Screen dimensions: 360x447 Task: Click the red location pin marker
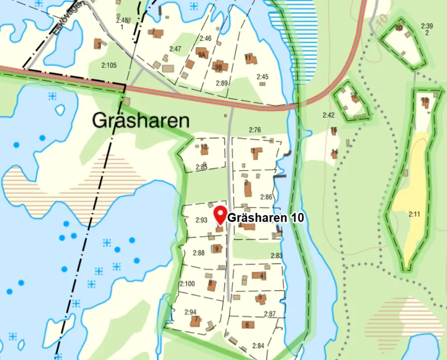220,215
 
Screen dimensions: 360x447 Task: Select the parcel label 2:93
202,220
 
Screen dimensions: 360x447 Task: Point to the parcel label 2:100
187,284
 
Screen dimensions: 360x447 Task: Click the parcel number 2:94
190,312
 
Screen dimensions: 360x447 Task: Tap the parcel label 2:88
198,253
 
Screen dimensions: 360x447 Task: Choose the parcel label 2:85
201,167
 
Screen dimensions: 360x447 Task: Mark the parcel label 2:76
255,130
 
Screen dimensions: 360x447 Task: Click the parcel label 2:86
266,197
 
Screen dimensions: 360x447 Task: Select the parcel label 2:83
276,256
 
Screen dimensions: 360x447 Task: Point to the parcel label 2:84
258,346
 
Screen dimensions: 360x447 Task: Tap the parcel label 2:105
109,66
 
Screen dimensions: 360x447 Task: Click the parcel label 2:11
414,215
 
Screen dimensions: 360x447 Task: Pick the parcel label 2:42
328,115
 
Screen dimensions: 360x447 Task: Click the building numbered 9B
219,67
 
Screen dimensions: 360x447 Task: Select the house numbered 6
248,325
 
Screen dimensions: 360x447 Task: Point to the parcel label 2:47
175,49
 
